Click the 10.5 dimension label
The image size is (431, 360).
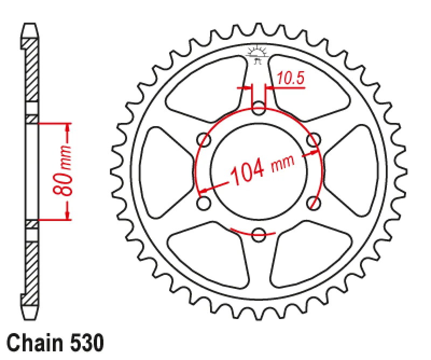point(291,79)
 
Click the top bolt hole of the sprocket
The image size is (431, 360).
point(259,107)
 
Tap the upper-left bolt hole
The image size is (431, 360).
point(204,140)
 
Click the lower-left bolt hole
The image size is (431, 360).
point(204,203)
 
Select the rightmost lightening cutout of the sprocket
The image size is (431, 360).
point(353,171)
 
